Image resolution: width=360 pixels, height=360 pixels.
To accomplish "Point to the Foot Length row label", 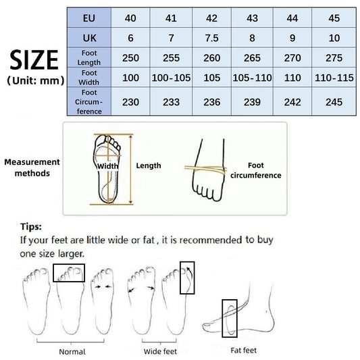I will (x=89, y=58).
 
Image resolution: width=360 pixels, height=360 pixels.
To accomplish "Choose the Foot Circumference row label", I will (x=89, y=102).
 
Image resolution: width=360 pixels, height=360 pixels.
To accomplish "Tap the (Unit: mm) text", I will (x=34, y=81).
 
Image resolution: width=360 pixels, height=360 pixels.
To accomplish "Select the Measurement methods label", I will (x=32, y=168).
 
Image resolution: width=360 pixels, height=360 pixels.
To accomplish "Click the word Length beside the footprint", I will (x=149, y=165).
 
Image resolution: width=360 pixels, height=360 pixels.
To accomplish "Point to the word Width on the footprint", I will (x=107, y=165).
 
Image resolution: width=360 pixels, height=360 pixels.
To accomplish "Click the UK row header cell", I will (x=89, y=37).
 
